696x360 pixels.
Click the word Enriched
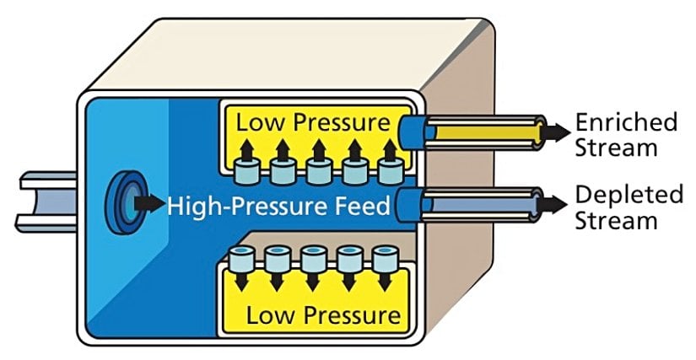626,123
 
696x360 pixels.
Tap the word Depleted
629,196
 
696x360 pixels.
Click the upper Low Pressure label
313,122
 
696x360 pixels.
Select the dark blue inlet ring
124,205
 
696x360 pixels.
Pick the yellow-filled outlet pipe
481,133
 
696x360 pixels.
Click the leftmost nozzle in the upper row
245,172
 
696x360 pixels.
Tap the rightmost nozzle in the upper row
388,172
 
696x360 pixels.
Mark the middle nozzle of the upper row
317,172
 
